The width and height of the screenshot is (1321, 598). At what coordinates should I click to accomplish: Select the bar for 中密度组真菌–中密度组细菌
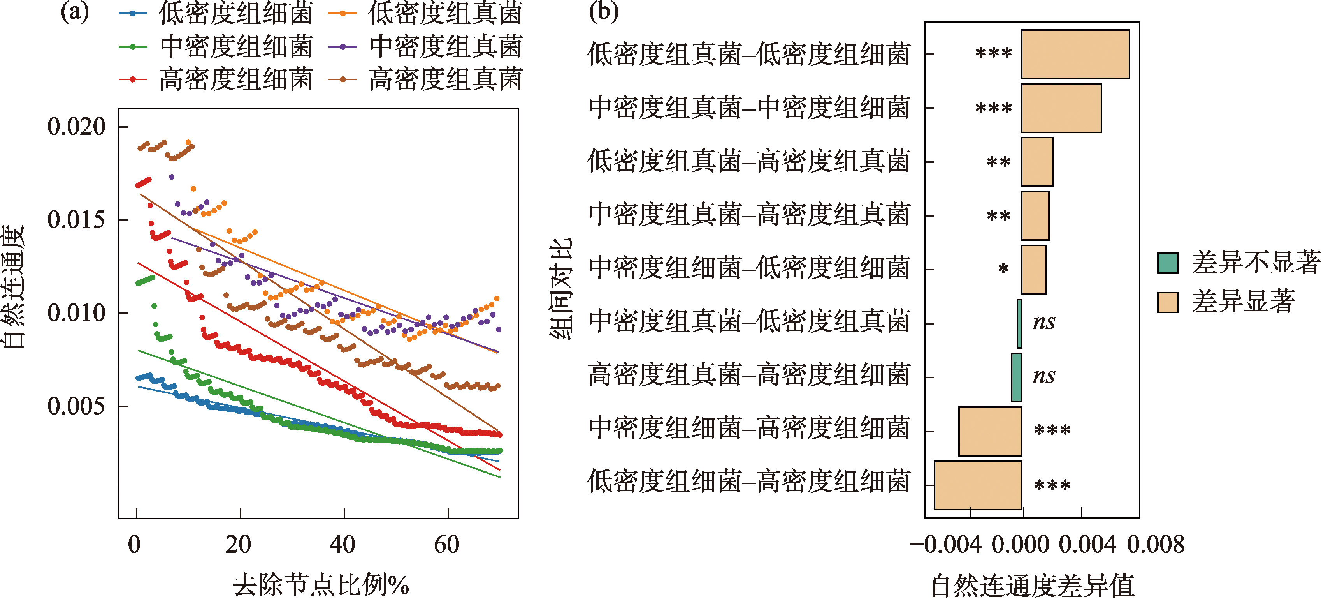pyautogui.click(x=1061, y=108)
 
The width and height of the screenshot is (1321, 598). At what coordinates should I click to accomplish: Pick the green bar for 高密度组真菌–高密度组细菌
pyautogui.click(x=1016, y=377)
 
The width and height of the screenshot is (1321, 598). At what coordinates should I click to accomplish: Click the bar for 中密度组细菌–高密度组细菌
pyautogui.click(x=990, y=431)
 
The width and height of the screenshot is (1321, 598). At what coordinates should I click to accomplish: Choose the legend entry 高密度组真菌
pyautogui.click(x=426, y=79)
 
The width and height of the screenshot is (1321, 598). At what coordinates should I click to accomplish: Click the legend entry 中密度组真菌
pyautogui.click(x=426, y=47)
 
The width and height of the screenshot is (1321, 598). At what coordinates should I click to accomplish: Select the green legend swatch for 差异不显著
pyautogui.click(x=1168, y=263)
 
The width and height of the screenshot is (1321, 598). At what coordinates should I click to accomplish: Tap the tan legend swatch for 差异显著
pyautogui.click(x=1168, y=302)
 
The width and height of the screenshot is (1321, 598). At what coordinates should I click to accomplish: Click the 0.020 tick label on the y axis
pyautogui.click(x=76, y=126)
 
